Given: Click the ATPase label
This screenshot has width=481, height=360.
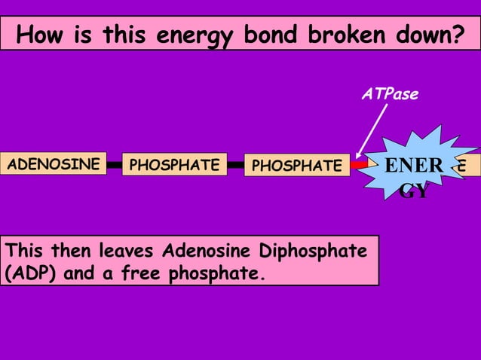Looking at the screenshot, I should coord(390,94).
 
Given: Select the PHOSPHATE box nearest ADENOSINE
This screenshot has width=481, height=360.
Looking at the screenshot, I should coord(175,164).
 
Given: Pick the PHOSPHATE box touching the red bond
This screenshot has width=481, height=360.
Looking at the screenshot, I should coord(296,165).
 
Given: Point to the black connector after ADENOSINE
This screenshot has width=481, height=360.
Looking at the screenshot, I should coord(114,163).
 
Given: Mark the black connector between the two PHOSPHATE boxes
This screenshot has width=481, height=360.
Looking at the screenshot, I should coord(235,163).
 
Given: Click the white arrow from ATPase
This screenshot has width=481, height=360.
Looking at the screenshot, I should coord(372,133).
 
